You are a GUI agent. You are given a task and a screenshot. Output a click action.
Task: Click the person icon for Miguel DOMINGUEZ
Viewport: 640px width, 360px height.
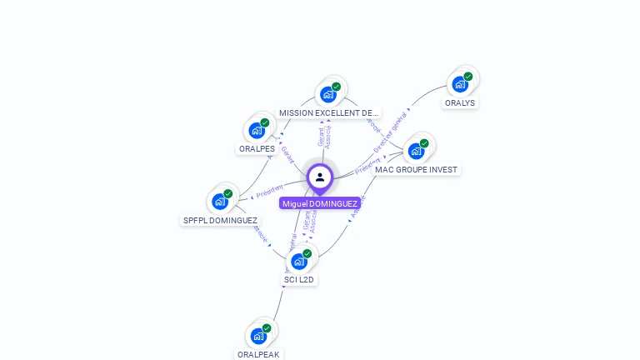[x=320, y=177]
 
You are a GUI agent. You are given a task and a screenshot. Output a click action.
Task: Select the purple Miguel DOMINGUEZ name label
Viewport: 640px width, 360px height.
[x=320, y=203]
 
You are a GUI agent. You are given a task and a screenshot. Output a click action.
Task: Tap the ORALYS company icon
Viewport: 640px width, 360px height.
[x=460, y=84]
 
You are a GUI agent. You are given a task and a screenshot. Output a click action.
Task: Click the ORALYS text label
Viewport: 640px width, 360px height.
[x=460, y=103]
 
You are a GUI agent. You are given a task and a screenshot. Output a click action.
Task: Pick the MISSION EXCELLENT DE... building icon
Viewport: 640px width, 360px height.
[x=328, y=94]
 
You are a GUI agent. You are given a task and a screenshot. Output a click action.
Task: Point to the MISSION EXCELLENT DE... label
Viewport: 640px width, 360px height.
[x=328, y=112]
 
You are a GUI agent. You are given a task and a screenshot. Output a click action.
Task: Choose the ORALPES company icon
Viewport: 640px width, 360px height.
[x=257, y=131]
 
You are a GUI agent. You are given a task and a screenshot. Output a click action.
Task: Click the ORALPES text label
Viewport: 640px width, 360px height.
[x=257, y=149]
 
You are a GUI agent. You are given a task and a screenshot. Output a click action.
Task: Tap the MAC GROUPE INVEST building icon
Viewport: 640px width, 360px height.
[x=416, y=151]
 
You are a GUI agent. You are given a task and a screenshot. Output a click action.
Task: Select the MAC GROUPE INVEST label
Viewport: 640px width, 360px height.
[x=416, y=169]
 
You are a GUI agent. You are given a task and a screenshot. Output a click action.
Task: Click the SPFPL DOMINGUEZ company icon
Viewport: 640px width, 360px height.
[x=220, y=202]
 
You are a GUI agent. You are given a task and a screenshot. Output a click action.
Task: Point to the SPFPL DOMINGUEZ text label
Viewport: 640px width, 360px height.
[x=220, y=221]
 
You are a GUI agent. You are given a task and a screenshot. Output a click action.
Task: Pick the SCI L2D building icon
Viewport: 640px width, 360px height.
[x=299, y=261]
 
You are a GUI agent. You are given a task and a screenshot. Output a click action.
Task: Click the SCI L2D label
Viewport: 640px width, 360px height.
[x=299, y=280]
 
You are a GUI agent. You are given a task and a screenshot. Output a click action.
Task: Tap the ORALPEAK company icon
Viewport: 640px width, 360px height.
[x=258, y=336]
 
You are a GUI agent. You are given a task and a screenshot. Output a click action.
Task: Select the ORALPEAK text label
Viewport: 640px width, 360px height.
[x=258, y=354]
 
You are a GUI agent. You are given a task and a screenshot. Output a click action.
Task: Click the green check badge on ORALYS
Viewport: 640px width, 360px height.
[x=468, y=76]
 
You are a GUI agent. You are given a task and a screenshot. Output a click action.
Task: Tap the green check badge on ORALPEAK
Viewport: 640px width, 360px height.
[x=267, y=327]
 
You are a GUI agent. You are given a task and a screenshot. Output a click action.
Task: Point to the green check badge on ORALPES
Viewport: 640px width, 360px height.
[x=265, y=122]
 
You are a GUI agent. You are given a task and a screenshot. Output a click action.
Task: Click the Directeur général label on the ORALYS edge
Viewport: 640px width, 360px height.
[x=392, y=132]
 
